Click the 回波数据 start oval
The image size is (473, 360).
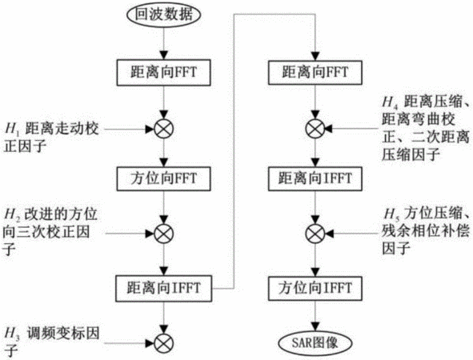coord(163,14)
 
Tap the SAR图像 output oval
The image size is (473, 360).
coord(315,343)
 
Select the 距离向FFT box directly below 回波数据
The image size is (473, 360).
coord(163,73)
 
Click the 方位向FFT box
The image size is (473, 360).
coord(163,178)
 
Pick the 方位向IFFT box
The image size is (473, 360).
coord(315,288)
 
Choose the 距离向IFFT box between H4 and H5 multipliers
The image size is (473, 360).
coord(315,178)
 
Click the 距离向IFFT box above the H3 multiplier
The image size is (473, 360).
coord(163,289)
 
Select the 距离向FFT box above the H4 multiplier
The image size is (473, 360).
coord(315,72)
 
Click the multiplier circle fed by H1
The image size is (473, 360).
coord(164,129)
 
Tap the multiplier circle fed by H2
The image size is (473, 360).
coord(164,234)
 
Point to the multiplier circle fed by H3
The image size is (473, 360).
coord(164,343)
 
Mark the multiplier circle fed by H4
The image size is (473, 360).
coord(315,129)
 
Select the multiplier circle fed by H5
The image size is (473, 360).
coord(315,234)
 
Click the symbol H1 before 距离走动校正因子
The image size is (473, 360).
coord(12,130)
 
